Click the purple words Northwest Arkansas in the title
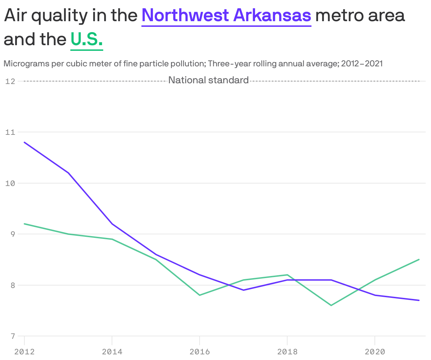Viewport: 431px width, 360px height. pyautogui.click(x=226, y=16)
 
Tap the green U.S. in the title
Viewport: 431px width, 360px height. pyautogui.click(x=87, y=39)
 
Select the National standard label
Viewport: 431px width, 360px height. pyautogui.click(x=208, y=80)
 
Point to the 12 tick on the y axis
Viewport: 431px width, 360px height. pyautogui.click(x=10, y=81)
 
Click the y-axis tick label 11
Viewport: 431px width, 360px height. pyautogui.click(x=10, y=132)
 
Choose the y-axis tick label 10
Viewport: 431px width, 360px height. pyautogui.click(x=10, y=183)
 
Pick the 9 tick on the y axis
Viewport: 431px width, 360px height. pyautogui.click(x=13, y=234)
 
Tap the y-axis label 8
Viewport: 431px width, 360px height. pyautogui.click(x=13, y=285)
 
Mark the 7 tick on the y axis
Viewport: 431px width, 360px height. pyautogui.click(x=13, y=336)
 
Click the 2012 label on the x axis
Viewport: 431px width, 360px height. pyautogui.click(x=24, y=352)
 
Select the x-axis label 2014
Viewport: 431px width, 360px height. pyautogui.click(x=112, y=352)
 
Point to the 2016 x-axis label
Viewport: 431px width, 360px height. pyautogui.click(x=200, y=352)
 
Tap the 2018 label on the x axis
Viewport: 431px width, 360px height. pyautogui.click(x=287, y=352)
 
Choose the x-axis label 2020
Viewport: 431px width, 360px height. pyautogui.click(x=375, y=352)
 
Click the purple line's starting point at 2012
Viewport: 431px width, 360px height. pyautogui.click(x=24, y=142)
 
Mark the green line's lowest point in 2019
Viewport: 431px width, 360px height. pyautogui.click(x=331, y=305)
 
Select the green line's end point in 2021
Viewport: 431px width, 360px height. pyautogui.click(x=419, y=259)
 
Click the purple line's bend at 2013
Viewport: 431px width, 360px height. pyautogui.click(x=68, y=173)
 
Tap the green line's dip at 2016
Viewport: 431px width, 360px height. pyautogui.click(x=200, y=295)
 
